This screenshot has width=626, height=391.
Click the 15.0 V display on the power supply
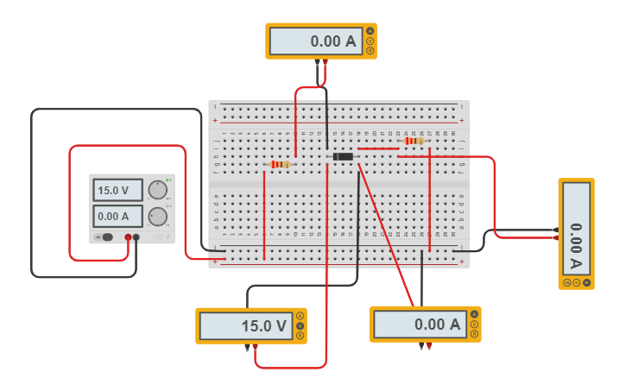click(x=117, y=190)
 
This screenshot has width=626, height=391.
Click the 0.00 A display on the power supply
click(x=117, y=216)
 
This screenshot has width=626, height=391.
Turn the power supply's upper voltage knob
click(x=157, y=190)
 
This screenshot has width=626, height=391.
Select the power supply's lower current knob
click(x=157, y=216)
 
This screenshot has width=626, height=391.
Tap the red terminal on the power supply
click(x=128, y=236)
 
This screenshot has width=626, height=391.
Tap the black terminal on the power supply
click(x=136, y=236)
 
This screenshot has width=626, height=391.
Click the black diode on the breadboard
click(x=343, y=156)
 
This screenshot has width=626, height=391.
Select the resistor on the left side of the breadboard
click(x=280, y=164)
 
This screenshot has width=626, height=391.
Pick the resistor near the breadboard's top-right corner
click(x=414, y=141)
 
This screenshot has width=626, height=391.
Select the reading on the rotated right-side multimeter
click(x=576, y=232)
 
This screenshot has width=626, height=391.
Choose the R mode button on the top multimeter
click(x=370, y=50)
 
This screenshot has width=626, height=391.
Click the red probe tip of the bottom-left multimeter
click(x=256, y=348)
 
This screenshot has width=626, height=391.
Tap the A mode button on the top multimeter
click(x=370, y=31)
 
